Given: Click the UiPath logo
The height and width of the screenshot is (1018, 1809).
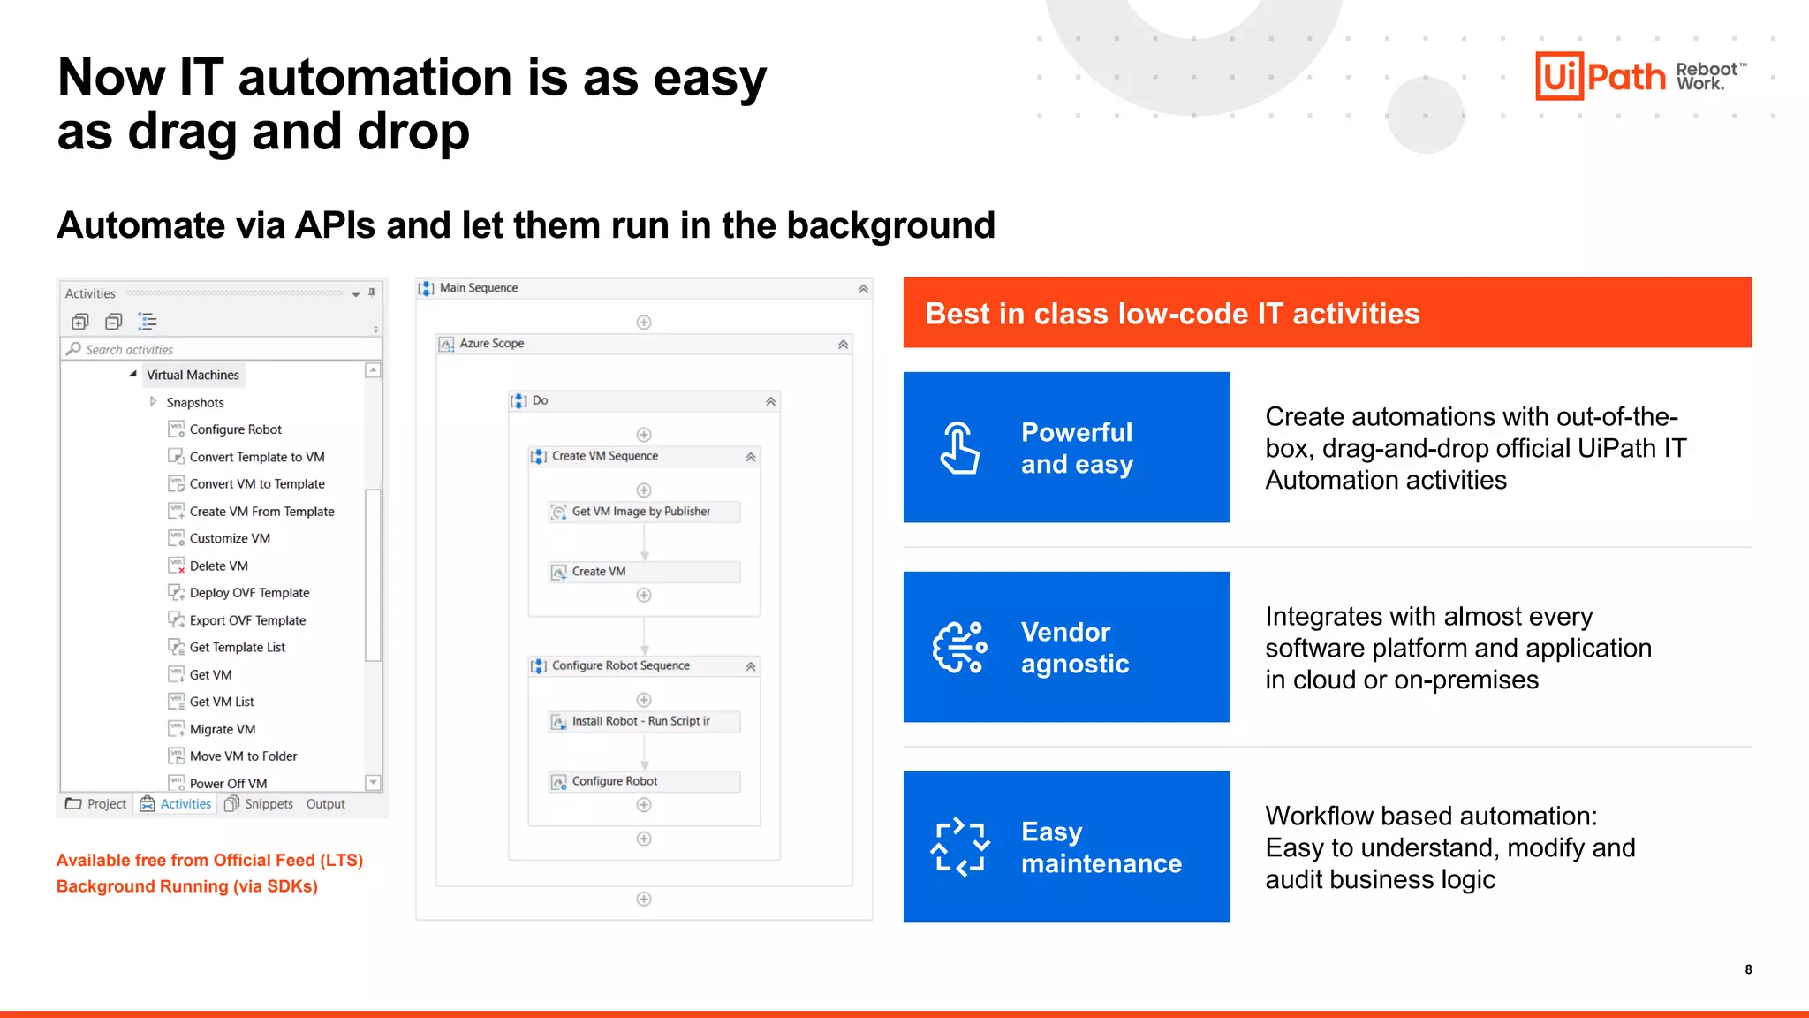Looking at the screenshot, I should point(1601,76).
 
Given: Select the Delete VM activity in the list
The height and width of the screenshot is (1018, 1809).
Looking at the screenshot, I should point(218,566).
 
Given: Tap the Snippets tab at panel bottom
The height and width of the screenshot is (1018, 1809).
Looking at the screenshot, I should point(268,804).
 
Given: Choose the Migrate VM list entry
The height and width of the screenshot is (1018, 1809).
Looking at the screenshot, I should point(222,729).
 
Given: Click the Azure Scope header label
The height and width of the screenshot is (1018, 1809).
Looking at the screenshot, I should point(491,344).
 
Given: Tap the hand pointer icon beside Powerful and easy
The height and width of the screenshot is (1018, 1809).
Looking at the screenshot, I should point(959,448).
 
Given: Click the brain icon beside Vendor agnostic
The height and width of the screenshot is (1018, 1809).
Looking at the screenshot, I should point(959,648).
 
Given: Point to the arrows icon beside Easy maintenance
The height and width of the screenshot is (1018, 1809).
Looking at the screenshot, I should point(959,847).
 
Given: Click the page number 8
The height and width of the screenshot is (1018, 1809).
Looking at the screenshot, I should point(1748,969).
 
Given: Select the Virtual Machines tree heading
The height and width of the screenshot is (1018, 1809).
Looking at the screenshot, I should point(193,375).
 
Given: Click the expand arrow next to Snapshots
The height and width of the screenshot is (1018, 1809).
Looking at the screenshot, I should point(153,402).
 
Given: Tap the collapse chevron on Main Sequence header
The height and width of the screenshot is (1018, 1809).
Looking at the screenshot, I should point(863,289).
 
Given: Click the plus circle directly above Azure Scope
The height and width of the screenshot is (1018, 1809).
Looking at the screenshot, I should point(644,323).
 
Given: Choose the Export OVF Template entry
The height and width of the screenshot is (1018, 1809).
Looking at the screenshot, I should point(247,620).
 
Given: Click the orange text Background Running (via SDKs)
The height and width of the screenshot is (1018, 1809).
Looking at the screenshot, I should point(187,886).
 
